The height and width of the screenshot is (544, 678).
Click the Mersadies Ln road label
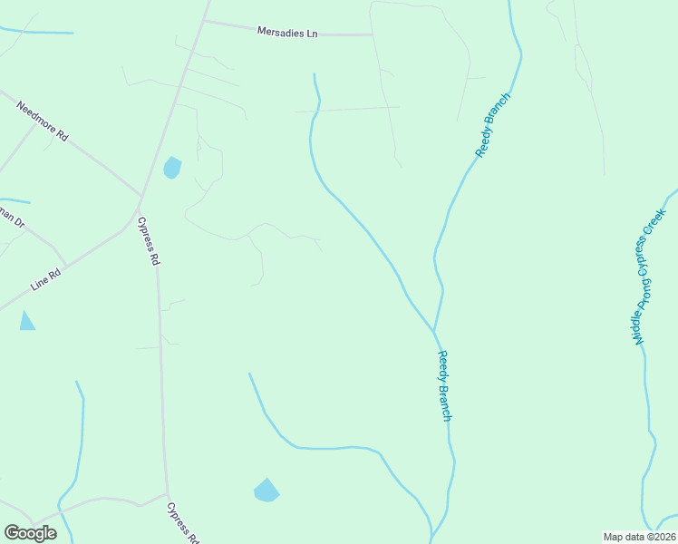coord(287,33)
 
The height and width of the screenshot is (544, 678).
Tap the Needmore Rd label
coord(43,121)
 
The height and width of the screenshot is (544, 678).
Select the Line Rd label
coord(46,278)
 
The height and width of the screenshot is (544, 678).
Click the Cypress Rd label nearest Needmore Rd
coord(149,240)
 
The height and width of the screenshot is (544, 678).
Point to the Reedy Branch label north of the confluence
coord(493,125)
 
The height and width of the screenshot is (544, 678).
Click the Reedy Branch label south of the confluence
coord(444,385)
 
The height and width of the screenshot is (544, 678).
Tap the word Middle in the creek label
coord(640,325)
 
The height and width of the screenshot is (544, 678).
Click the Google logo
coord(30,533)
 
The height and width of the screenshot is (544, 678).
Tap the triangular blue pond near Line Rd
coord(26,321)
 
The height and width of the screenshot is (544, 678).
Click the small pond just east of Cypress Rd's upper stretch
coord(171,168)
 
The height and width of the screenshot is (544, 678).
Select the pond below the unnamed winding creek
coord(266,491)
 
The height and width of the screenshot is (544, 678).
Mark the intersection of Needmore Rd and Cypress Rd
coord(140,195)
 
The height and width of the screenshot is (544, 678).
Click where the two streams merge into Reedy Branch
coord(434,331)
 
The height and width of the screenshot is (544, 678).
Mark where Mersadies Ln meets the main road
coord(203,22)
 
